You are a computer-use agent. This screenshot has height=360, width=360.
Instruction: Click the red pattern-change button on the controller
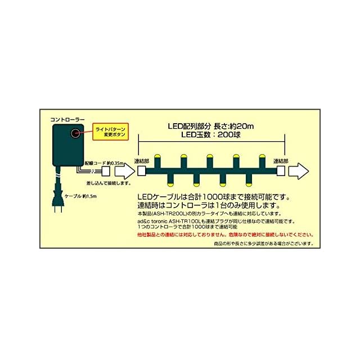74,133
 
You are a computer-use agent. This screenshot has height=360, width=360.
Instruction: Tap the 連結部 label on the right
281,161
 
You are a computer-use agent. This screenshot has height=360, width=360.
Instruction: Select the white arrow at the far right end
302,170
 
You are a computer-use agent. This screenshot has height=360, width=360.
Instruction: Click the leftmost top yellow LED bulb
157,156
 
